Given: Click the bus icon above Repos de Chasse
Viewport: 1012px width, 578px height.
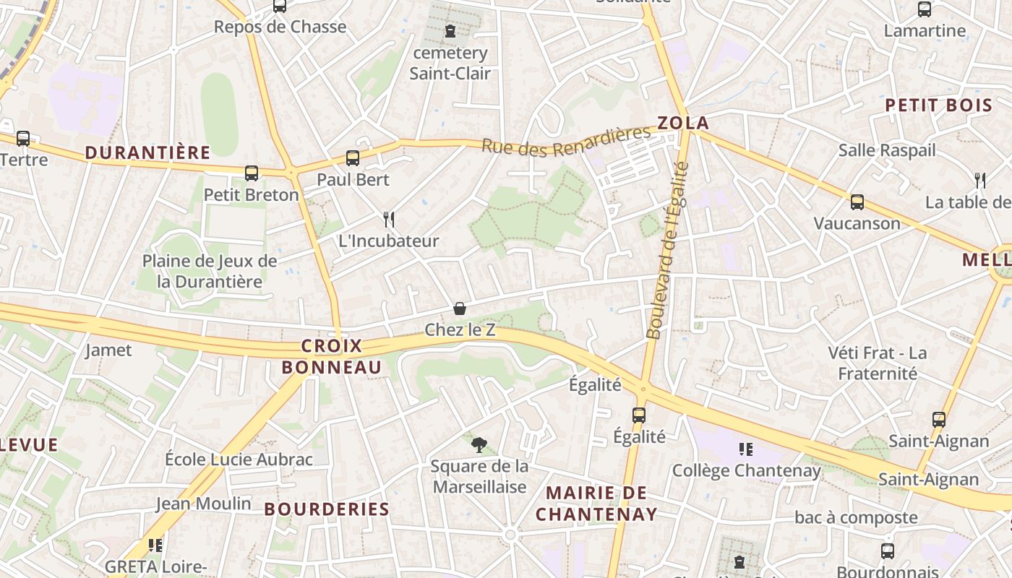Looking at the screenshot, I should (280, 6).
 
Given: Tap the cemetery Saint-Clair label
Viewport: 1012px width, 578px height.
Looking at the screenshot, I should (450, 63).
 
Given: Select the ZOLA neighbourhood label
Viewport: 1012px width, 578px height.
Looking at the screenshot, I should (683, 123).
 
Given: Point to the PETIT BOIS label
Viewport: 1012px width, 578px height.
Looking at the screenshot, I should (939, 105).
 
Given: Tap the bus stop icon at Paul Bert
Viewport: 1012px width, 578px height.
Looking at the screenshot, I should (353, 158).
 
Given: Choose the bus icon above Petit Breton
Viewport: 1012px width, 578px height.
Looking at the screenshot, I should (252, 173).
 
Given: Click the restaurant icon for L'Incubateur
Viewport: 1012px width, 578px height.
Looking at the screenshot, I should (389, 220).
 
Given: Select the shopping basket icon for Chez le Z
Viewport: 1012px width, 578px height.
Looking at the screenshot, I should (460, 309).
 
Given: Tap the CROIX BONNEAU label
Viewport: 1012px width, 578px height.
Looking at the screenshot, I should (332, 357).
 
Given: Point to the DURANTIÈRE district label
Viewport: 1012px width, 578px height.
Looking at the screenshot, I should (147, 152).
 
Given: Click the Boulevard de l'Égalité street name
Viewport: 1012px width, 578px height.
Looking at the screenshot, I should (666, 251).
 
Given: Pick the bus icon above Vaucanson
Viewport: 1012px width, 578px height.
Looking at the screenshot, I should (857, 202).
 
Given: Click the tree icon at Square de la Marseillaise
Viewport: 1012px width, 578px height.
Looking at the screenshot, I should (479, 444).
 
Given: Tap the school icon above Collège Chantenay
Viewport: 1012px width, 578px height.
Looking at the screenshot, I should (746, 449).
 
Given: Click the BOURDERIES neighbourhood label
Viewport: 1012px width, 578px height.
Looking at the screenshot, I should (327, 509).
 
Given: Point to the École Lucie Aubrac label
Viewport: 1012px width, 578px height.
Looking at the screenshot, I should (239, 460).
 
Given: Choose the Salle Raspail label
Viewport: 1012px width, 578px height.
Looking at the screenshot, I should (887, 150).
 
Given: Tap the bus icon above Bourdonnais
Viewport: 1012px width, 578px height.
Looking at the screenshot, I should (888, 551).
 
